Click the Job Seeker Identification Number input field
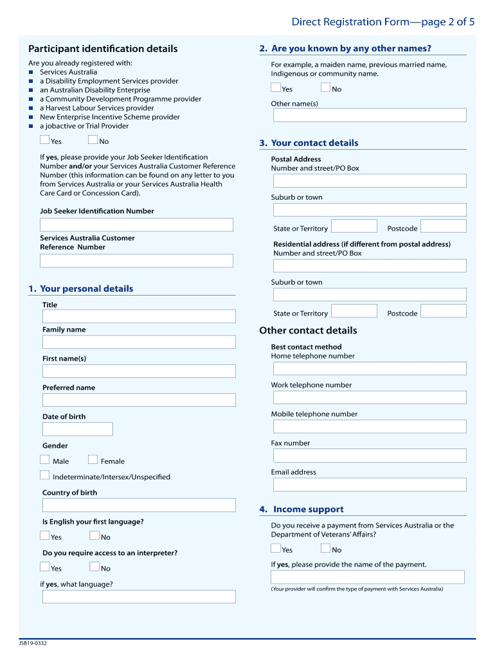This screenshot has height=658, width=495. click(x=136, y=225)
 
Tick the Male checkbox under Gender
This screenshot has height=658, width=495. click(x=44, y=459)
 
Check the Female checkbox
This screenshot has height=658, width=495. click(x=93, y=459)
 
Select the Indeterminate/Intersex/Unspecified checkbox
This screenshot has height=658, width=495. click(x=44, y=476)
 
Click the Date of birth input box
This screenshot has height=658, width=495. click(x=78, y=429)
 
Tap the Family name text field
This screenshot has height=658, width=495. click(x=139, y=342)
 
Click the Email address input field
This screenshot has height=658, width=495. click(x=370, y=485)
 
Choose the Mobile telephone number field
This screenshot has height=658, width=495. click(x=370, y=427)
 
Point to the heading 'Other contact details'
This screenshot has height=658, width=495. click(x=308, y=331)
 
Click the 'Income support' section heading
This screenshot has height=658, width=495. click(x=308, y=510)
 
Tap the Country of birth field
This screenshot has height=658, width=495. click(x=139, y=505)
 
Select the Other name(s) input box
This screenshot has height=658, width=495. click(x=370, y=115)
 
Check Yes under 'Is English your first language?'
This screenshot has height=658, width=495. click(x=44, y=535)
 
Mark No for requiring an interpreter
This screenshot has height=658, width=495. click(x=94, y=567)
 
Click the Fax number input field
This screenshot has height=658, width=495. click(x=370, y=456)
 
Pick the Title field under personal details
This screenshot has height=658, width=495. click(x=139, y=316)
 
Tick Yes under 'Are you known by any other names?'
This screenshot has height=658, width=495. click(x=276, y=88)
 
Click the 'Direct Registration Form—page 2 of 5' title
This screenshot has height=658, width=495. click(x=383, y=22)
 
